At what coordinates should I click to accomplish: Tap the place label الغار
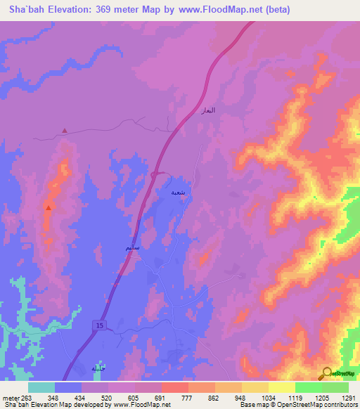[208, 111]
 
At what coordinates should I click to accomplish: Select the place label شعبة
[180, 191]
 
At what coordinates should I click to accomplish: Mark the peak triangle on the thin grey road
[65, 130]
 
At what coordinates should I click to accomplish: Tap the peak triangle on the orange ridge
[48, 208]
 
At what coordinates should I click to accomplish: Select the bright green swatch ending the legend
[335, 387]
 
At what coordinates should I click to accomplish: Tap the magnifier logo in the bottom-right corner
[328, 373]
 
